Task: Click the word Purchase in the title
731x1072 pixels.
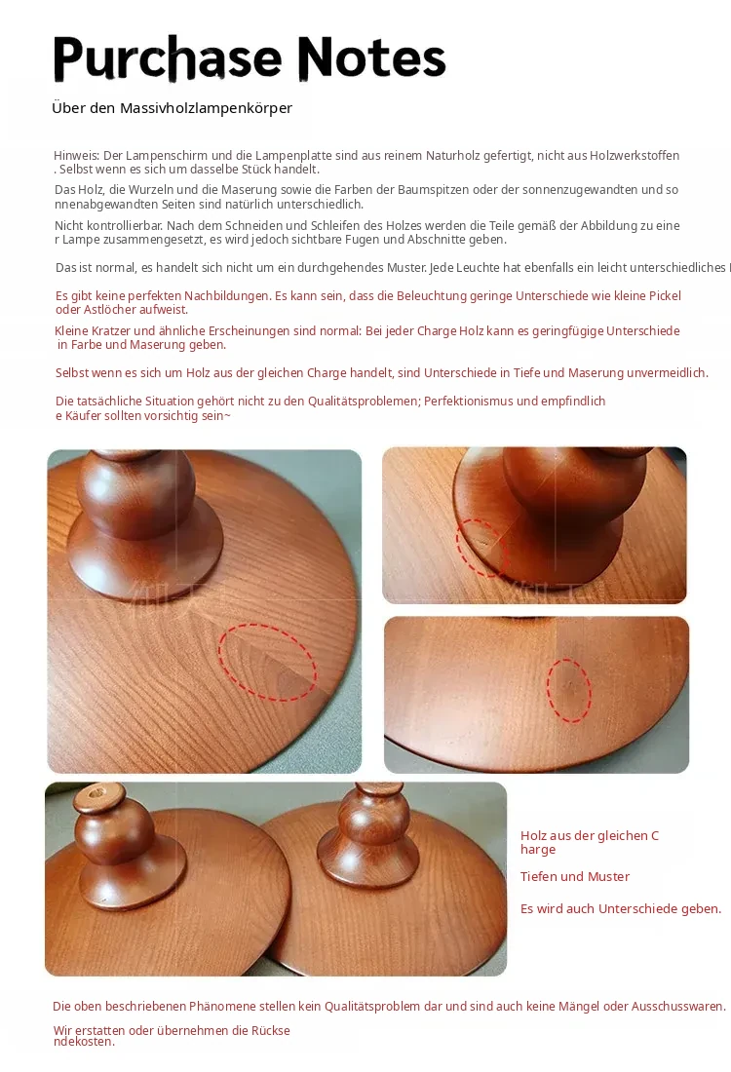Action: (168, 58)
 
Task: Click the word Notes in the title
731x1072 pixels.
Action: (371, 57)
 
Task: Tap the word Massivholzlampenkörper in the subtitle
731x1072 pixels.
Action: (206, 108)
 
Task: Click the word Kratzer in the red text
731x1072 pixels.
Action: (107, 331)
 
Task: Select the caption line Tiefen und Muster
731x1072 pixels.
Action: (574, 876)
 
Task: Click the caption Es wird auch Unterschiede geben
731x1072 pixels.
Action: (621, 908)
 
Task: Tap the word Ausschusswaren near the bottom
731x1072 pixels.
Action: (678, 1007)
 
